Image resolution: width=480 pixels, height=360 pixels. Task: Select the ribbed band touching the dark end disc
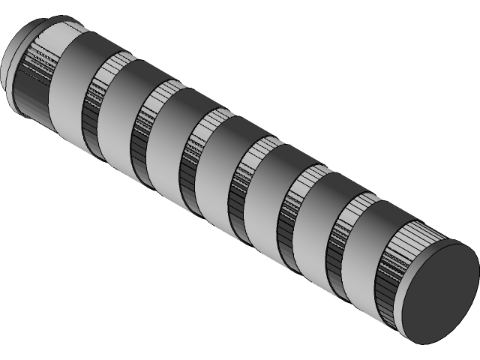(393, 270)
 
